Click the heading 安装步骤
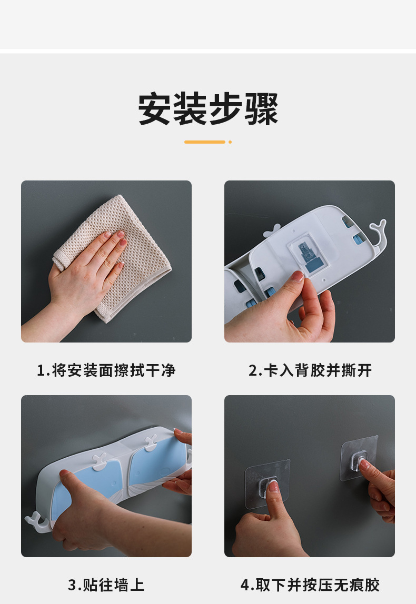[x=208, y=108]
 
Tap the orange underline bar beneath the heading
[x=205, y=142]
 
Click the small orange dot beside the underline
[x=230, y=142]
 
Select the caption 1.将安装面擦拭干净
[x=106, y=370]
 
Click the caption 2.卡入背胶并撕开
[x=310, y=370]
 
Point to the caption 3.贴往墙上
[x=106, y=585]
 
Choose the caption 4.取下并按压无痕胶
[x=310, y=585]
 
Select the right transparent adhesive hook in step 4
[x=359, y=458]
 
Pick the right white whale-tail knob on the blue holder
[x=151, y=442]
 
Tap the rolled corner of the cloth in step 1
[x=62, y=259]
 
